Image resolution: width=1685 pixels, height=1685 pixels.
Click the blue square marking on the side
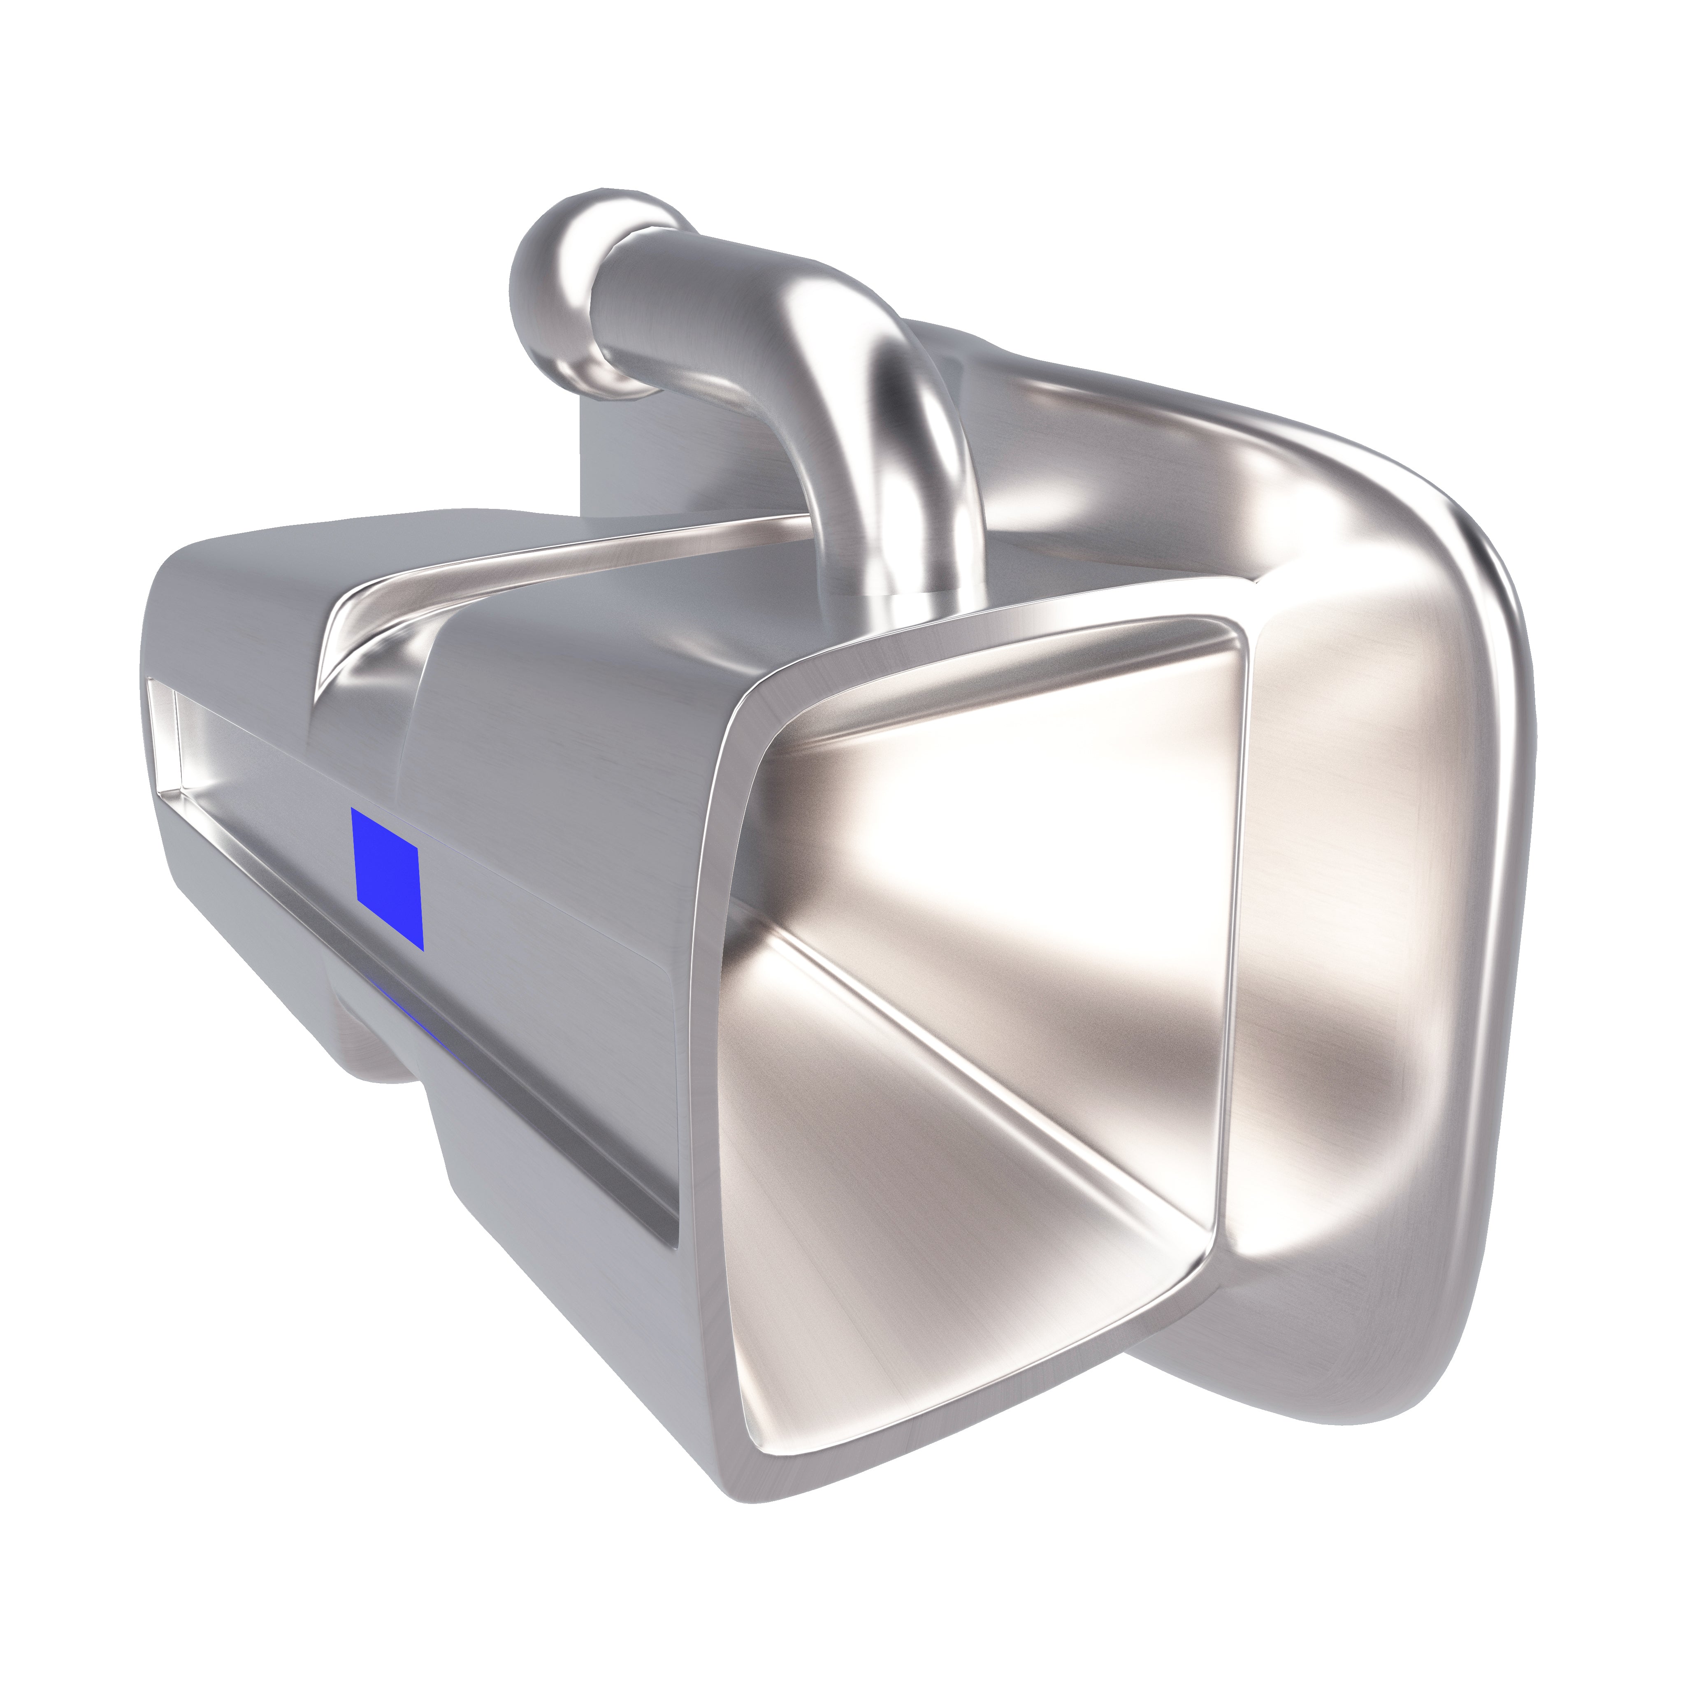tap(386, 877)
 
